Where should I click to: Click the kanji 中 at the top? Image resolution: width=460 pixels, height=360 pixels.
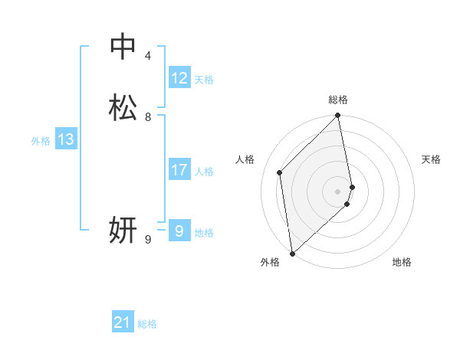[x=123, y=47]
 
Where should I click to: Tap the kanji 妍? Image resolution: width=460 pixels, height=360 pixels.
[x=123, y=230]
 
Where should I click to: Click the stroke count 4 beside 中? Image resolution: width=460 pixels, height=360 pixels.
[x=148, y=56]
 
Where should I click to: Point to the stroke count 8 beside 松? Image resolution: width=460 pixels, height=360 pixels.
[x=148, y=117]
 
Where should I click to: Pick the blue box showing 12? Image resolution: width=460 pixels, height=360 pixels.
[x=179, y=78]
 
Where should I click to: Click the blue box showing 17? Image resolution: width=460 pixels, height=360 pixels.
[x=179, y=170]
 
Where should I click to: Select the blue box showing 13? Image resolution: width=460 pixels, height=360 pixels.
[x=66, y=139]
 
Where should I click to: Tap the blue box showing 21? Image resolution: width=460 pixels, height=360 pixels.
[x=123, y=323]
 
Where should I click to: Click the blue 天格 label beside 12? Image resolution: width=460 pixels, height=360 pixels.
[x=204, y=80]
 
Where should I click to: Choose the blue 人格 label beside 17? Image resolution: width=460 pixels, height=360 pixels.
[x=204, y=172]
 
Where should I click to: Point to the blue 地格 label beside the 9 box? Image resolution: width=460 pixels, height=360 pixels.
[x=204, y=233]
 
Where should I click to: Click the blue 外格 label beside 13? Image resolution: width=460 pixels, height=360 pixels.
[x=41, y=141]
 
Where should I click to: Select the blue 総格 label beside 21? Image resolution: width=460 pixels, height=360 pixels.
[x=147, y=325]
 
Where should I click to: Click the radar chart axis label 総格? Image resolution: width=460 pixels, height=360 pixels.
[x=338, y=100]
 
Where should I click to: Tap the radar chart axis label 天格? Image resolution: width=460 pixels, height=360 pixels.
[x=431, y=159]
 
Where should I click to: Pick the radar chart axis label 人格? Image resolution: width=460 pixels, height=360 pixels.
[x=245, y=159]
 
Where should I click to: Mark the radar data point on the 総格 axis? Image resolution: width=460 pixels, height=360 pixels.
[x=338, y=116]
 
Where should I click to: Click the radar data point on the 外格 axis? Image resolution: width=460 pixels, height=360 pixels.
[x=292, y=253]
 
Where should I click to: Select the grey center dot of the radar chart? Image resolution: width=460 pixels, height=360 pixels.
[x=338, y=191]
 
